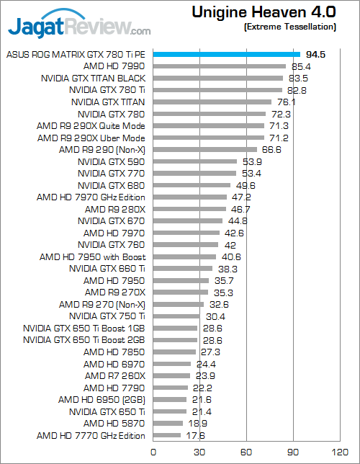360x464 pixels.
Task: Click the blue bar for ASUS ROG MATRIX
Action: pyautogui.click(x=227, y=55)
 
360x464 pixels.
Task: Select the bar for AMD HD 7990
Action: pyautogui.click(x=220, y=66)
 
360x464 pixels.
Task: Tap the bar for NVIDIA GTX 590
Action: pyautogui.click(x=195, y=161)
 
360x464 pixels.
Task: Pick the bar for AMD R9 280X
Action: pyautogui.click(x=189, y=209)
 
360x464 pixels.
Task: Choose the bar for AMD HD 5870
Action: pyautogui.click(x=168, y=424)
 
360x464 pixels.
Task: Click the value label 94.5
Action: pyautogui.click(x=315, y=55)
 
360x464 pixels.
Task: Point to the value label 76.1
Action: pyautogui.click(x=287, y=102)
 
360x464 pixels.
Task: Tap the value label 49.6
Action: pyautogui.click(x=246, y=186)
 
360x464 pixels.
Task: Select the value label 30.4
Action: pyautogui.click(x=216, y=316)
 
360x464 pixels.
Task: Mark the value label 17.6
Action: pyautogui.click(x=195, y=436)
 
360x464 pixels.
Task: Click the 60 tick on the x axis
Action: pyautogui.click(x=246, y=452)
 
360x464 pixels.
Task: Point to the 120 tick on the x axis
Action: pyautogui.click(x=340, y=452)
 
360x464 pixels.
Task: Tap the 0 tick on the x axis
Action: pyautogui.click(x=153, y=452)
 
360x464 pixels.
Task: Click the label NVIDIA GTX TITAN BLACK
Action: pyautogui.click(x=93, y=79)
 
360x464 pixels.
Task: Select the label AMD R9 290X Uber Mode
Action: pyautogui.click(x=91, y=138)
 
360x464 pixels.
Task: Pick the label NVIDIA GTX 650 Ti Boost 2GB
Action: pyautogui.click(x=84, y=340)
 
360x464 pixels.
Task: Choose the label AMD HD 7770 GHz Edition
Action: pyautogui.click(x=91, y=436)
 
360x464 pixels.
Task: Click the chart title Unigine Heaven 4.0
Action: pyautogui.click(x=264, y=12)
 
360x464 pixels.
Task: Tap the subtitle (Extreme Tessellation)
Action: pyautogui.click(x=290, y=27)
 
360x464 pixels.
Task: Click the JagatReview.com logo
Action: pyautogui.click(x=79, y=24)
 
